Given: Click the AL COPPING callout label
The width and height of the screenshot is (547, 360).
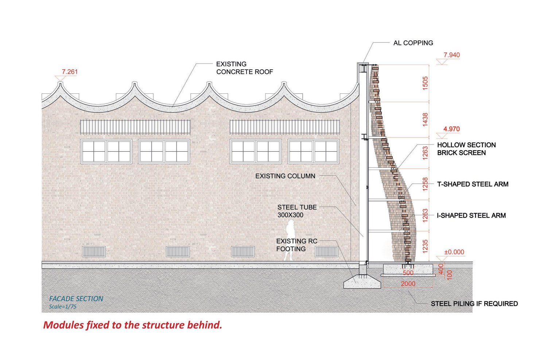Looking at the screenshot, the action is pyautogui.click(x=413, y=43).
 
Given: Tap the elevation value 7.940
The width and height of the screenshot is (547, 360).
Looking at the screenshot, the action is pyautogui.click(x=451, y=55).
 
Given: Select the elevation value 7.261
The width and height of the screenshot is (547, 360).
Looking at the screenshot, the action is pyautogui.click(x=70, y=72).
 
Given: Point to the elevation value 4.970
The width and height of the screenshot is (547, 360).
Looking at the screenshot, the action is pyautogui.click(x=451, y=129).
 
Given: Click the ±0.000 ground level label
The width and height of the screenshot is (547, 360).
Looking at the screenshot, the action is pyautogui.click(x=454, y=252).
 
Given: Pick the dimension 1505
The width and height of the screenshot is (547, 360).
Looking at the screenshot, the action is pyautogui.click(x=425, y=83).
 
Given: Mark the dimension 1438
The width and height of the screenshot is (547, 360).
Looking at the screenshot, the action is pyautogui.click(x=425, y=120).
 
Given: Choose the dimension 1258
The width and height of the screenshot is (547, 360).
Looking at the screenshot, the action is pyautogui.click(x=425, y=184).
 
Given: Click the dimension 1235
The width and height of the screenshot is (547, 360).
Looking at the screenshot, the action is pyautogui.click(x=425, y=246).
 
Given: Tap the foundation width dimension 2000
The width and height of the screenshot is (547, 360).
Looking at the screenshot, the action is pyautogui.click(x=408, y=284).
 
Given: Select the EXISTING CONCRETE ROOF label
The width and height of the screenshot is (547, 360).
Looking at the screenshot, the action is pyautogui.click(x=244, y=68).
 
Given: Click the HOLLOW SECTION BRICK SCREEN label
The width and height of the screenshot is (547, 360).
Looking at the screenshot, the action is pyautogui.click(x=466, y=149).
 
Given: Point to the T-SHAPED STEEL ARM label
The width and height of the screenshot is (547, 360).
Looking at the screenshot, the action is pyautogui.click(x=473, y=184).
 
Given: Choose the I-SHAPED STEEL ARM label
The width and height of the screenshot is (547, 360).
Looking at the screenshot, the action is pyautogui.click(x=471, y=216).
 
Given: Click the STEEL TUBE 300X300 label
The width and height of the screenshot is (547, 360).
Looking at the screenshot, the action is pyautogui.click(x=297, y=211).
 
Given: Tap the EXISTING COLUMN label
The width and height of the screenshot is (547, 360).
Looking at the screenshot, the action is pyautogui.click(x=285, y=176).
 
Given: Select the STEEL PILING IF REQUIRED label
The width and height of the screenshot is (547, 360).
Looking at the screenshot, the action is pyautogui.click(x=474, y=303).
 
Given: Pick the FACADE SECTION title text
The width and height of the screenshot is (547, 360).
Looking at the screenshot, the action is pyautogui.click(x=76, y=299).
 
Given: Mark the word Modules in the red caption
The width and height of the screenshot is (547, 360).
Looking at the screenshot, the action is pyautogui.click(x=63, y=325).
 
